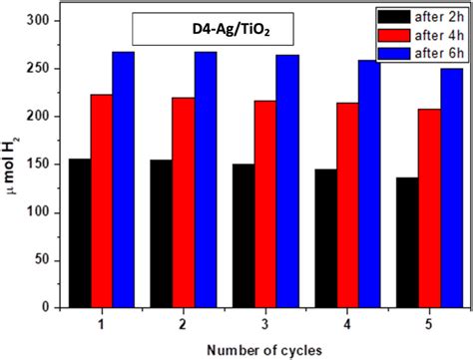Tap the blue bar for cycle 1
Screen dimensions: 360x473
point(123,180)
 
